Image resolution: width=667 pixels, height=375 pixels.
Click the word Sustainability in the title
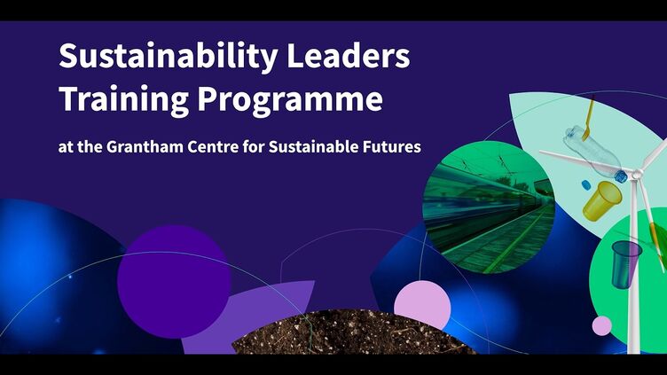click(x=169, y=57)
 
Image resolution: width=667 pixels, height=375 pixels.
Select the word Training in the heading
click(x=124, y=99)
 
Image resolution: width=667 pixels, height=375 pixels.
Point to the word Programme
click(x=290, y=100)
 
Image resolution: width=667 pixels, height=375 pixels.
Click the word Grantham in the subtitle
click(x=145, y=146)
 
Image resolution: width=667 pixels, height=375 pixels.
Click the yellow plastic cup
click(x=601, y=200)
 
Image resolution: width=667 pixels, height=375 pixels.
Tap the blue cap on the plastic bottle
click(x=622, y=176)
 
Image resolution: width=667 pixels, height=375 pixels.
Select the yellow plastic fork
click(x=589, y=118)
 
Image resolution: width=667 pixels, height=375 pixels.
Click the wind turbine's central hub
click(x=636, y=174)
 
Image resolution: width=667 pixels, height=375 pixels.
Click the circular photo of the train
click(x=489, y=207)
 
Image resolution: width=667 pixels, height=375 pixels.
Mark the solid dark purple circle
click(x=174, y=281)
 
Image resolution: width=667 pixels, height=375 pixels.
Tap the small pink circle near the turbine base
click(x=602, y=325)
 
